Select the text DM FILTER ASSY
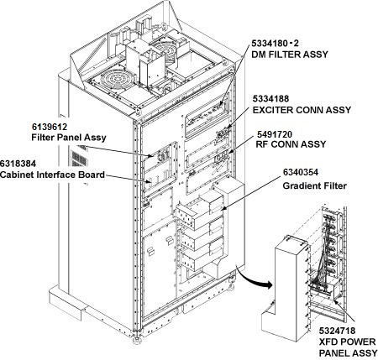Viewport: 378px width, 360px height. pyautogui.click(x=290, y=55)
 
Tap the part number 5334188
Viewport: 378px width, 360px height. pyautogui.click(x=270, y=99)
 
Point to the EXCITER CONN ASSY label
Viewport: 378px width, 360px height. pyautogui.click(x=302, y=110)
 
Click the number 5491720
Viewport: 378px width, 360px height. pyautogui.click(x=275, y=134)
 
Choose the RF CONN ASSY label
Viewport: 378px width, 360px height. pyautogui.click(x=291, y=144)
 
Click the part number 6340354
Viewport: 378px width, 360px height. pyautogui.click(x=301, y=172)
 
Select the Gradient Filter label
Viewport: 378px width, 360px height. pyautogui.click(x=314, y=185)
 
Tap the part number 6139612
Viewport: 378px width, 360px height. pyautogui.click(x=50, y=127)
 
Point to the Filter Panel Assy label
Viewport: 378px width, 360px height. pyautogui.click(x=69, y=138)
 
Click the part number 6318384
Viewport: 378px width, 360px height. pyautogui.click(x=18, y=164)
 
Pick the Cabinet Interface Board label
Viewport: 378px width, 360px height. pyautogui.click(x=52, y=175)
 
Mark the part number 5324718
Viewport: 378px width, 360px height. pyautogui.click(x=337, y=331)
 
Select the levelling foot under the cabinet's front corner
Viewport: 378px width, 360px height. pyautogui.click(x=138, y=339)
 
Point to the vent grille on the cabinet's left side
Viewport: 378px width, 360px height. pyautogui.click(x=79, y=159)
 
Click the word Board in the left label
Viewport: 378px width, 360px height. pyautogui.click(x=92, y=175)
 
